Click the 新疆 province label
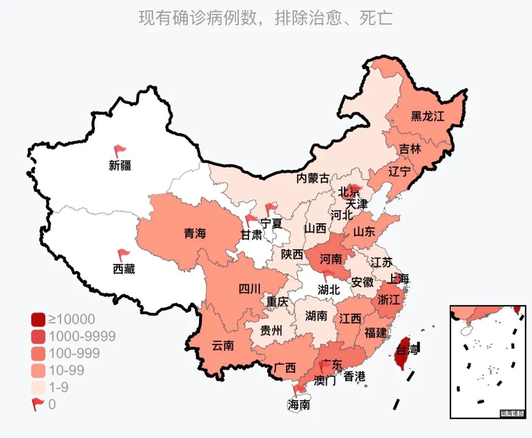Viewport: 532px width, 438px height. (120, 166)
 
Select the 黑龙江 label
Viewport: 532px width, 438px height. (428, 117)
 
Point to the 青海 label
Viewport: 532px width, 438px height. (195, 234)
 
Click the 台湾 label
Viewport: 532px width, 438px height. (407, 351)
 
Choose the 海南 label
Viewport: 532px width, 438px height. (299, 405)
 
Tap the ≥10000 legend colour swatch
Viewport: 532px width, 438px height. (38, 320)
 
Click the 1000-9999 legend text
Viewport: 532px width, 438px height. (82, 337)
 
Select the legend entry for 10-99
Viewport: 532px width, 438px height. (66, 371)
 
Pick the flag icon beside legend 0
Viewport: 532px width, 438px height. (38, 404)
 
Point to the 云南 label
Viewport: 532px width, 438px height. (223, 345)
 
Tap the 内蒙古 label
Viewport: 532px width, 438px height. (312, 178)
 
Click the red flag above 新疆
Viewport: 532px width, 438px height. (120, 151)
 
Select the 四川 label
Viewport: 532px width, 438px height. (250, 289)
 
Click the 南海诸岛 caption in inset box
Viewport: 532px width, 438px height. (512, 413)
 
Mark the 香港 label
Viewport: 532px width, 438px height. (355, 377)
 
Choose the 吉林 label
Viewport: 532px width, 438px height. (410, 149)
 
